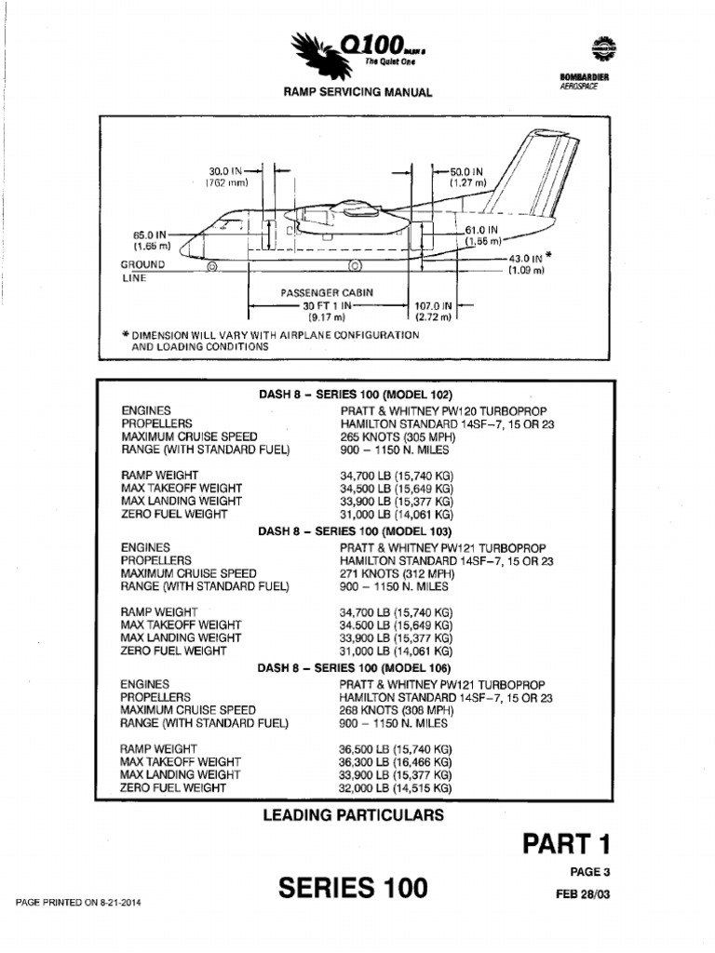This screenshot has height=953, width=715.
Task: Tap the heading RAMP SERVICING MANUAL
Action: click(x=351, y=92)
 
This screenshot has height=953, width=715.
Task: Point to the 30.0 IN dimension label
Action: click(x=225, y=171)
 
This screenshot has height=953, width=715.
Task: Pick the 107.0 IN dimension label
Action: click(x=433, y=305)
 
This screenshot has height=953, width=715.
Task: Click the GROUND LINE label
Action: click(x=141, y=271)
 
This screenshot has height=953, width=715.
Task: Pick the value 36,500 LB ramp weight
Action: click(x=397, y=748)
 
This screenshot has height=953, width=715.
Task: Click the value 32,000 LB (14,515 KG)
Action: click(x=397, y=787)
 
